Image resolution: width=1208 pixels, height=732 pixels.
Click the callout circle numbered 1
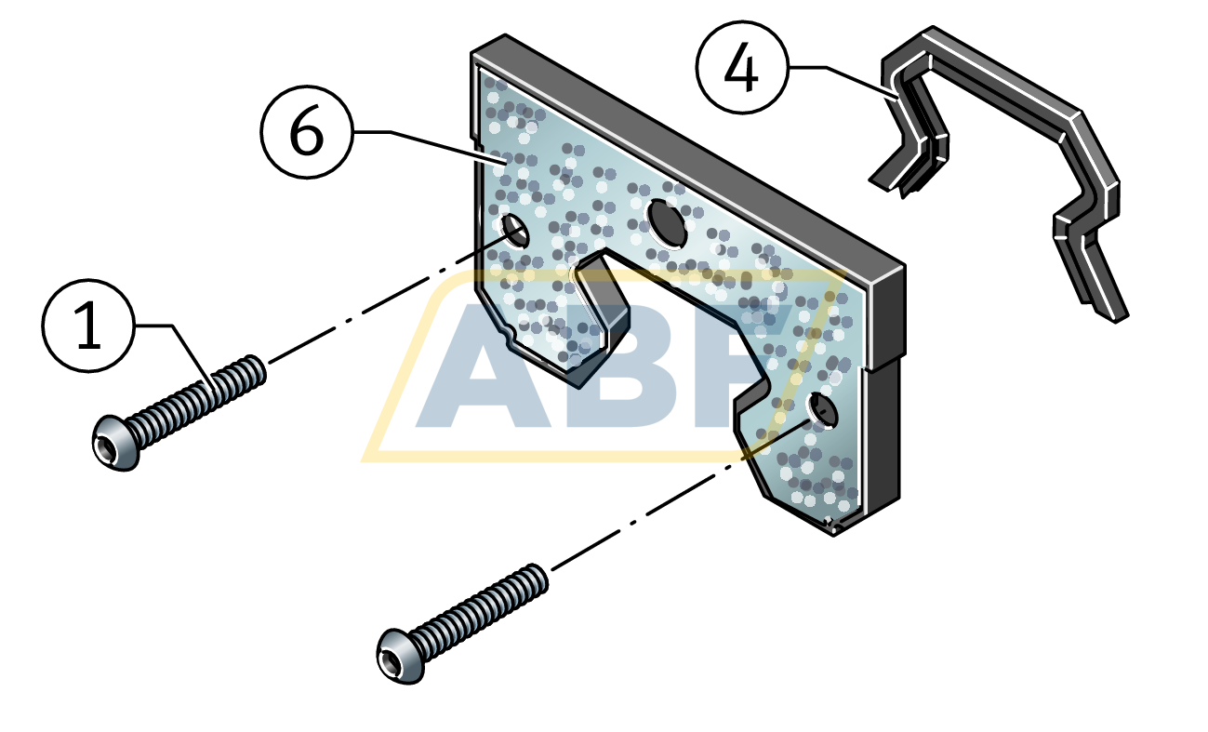point(88,326)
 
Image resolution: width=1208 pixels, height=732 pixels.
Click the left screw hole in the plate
point(515,230)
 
